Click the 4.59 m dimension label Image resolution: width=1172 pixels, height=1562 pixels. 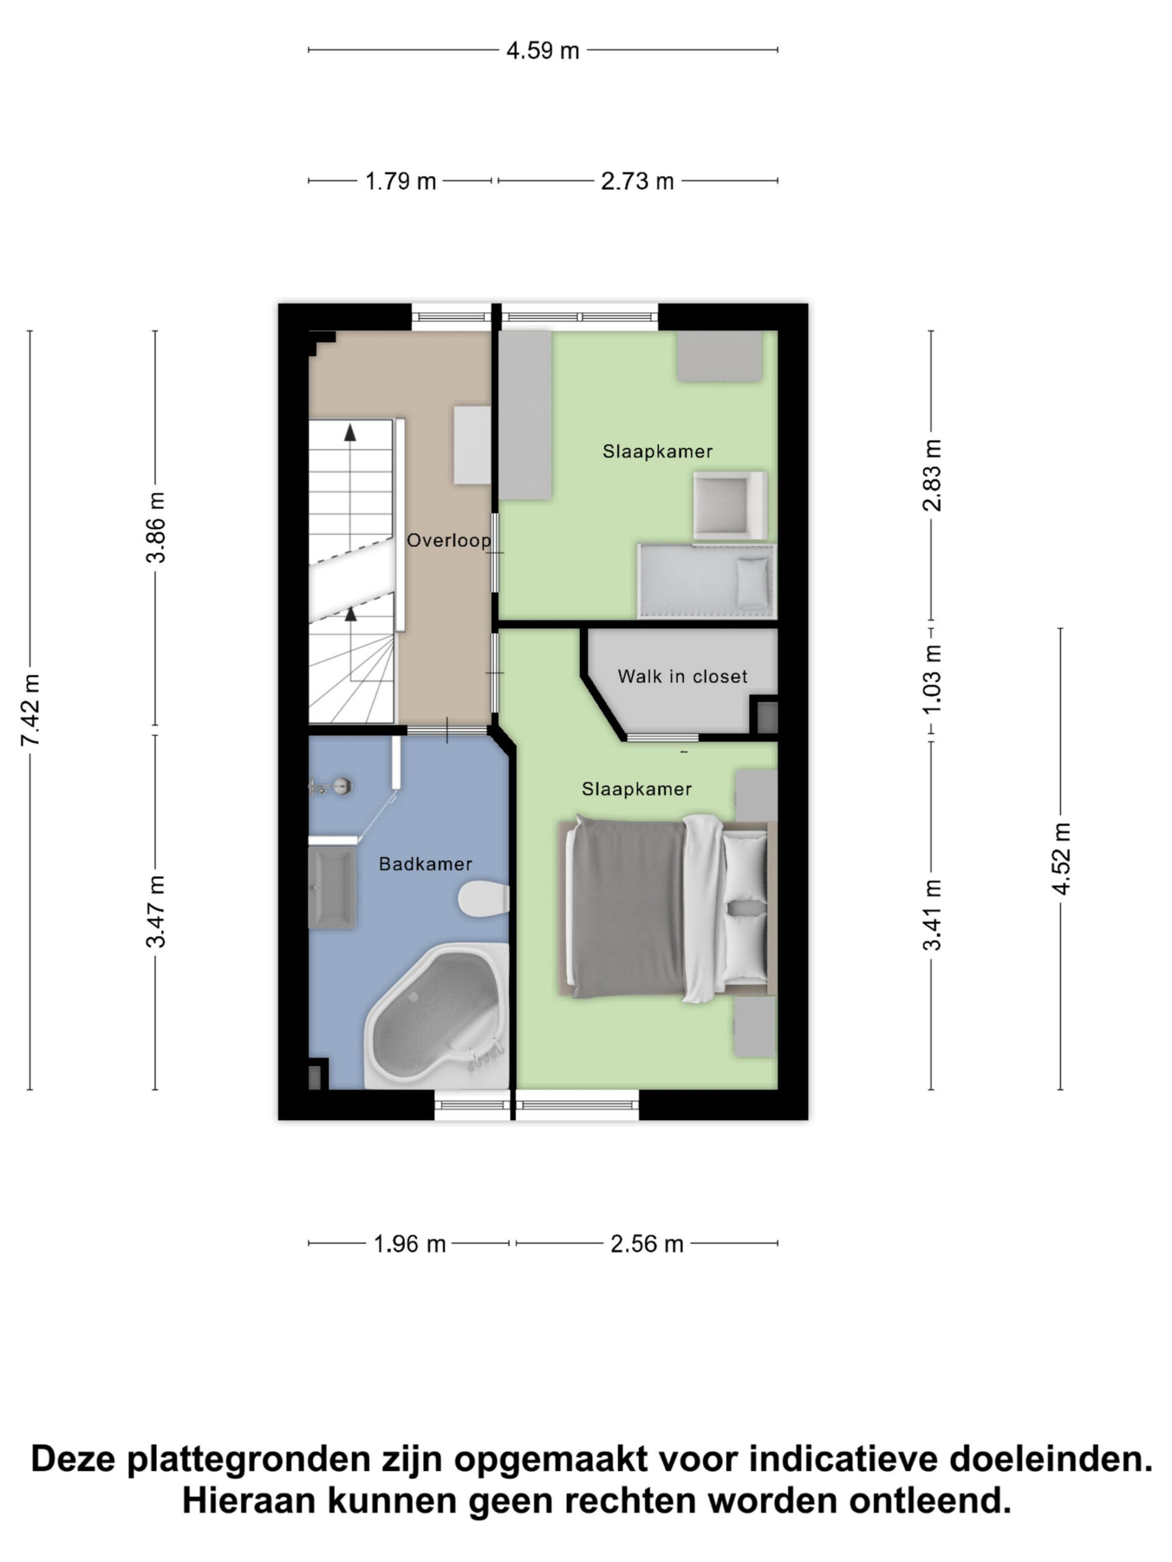[543, 51]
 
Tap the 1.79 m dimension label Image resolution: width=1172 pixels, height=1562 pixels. [400, 181]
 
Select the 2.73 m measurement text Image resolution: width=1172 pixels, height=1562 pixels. [637, 181]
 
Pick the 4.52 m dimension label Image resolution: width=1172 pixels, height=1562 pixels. [1062, 858]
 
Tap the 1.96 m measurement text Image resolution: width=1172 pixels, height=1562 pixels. [410, 1244]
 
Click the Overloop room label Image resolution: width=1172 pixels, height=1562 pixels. [449, 541]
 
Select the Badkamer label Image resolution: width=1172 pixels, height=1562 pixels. [425, 863]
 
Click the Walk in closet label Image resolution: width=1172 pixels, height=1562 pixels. [682, 677]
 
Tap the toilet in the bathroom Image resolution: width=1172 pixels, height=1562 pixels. [484, 899]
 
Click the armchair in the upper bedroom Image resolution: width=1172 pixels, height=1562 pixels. [730, 506]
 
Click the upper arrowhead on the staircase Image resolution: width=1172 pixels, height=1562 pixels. [350, 432]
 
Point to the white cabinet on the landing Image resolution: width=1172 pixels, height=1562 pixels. [472, 444]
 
